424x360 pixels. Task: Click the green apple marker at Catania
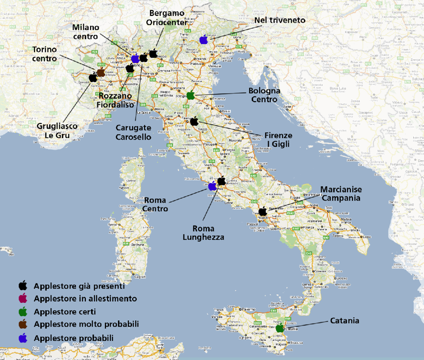[x=279, y=328]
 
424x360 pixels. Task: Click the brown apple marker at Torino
[x=101, y=72]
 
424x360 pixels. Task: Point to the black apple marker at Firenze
[x=194, y=121]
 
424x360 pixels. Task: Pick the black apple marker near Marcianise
[x=262, y=211]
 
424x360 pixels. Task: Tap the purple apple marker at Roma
[x=213, y=186]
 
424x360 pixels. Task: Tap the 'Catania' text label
[x=345, y=321]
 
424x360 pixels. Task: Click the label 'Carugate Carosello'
[x=134, y=132]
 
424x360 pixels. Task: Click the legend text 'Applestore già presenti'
[x=79, y=286]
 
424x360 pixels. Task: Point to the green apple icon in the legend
[x=23, y=311]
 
